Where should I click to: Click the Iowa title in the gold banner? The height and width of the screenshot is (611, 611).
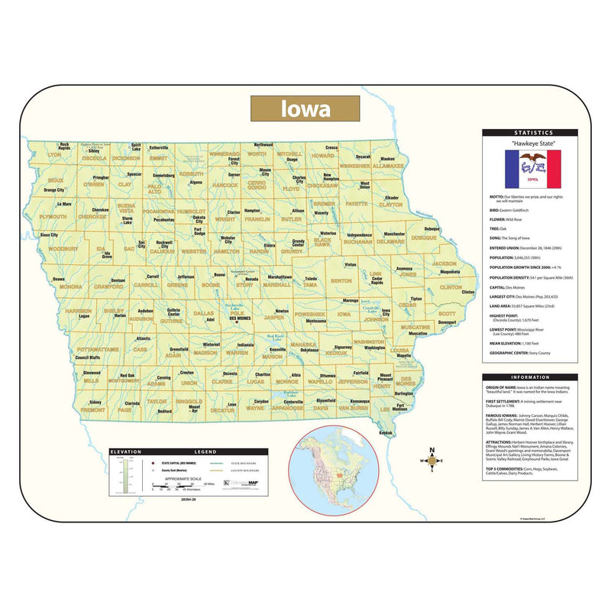(x=306, y=108)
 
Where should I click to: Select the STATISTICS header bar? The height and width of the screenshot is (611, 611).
(x=529, y=133)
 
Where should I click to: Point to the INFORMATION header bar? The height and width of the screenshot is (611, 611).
(x=529, y=377)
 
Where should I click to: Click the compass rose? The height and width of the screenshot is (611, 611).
(x=433, y=461)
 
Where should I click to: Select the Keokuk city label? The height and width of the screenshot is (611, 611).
(x=385, y=432)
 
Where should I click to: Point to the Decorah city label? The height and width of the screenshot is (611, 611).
(x=364, y=157)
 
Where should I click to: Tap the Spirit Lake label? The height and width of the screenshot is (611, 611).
(x=136, y=147)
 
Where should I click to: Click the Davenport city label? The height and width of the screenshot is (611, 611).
(x=448, y=322)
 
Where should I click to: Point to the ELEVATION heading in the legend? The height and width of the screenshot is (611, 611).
(x=126, y=452)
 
